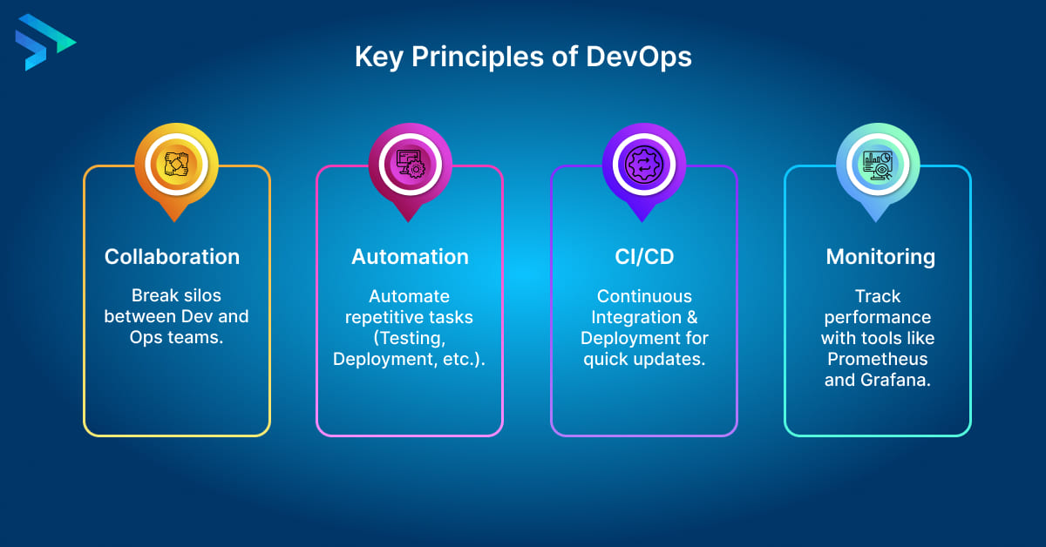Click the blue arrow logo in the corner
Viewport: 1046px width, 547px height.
[44, 42]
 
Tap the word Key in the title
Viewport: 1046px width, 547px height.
[379, 57]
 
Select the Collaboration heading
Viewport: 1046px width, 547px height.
[172, 257]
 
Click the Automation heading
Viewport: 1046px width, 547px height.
[410, 257]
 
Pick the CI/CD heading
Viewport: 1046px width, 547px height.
[644, 257]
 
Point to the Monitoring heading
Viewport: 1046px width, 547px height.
[880, 257]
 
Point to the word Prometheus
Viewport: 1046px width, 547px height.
[878, 359]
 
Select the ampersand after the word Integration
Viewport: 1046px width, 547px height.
[691, 317]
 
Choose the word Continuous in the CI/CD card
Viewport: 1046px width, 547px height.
[644, 296]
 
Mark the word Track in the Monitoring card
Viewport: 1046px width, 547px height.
[878, 296]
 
